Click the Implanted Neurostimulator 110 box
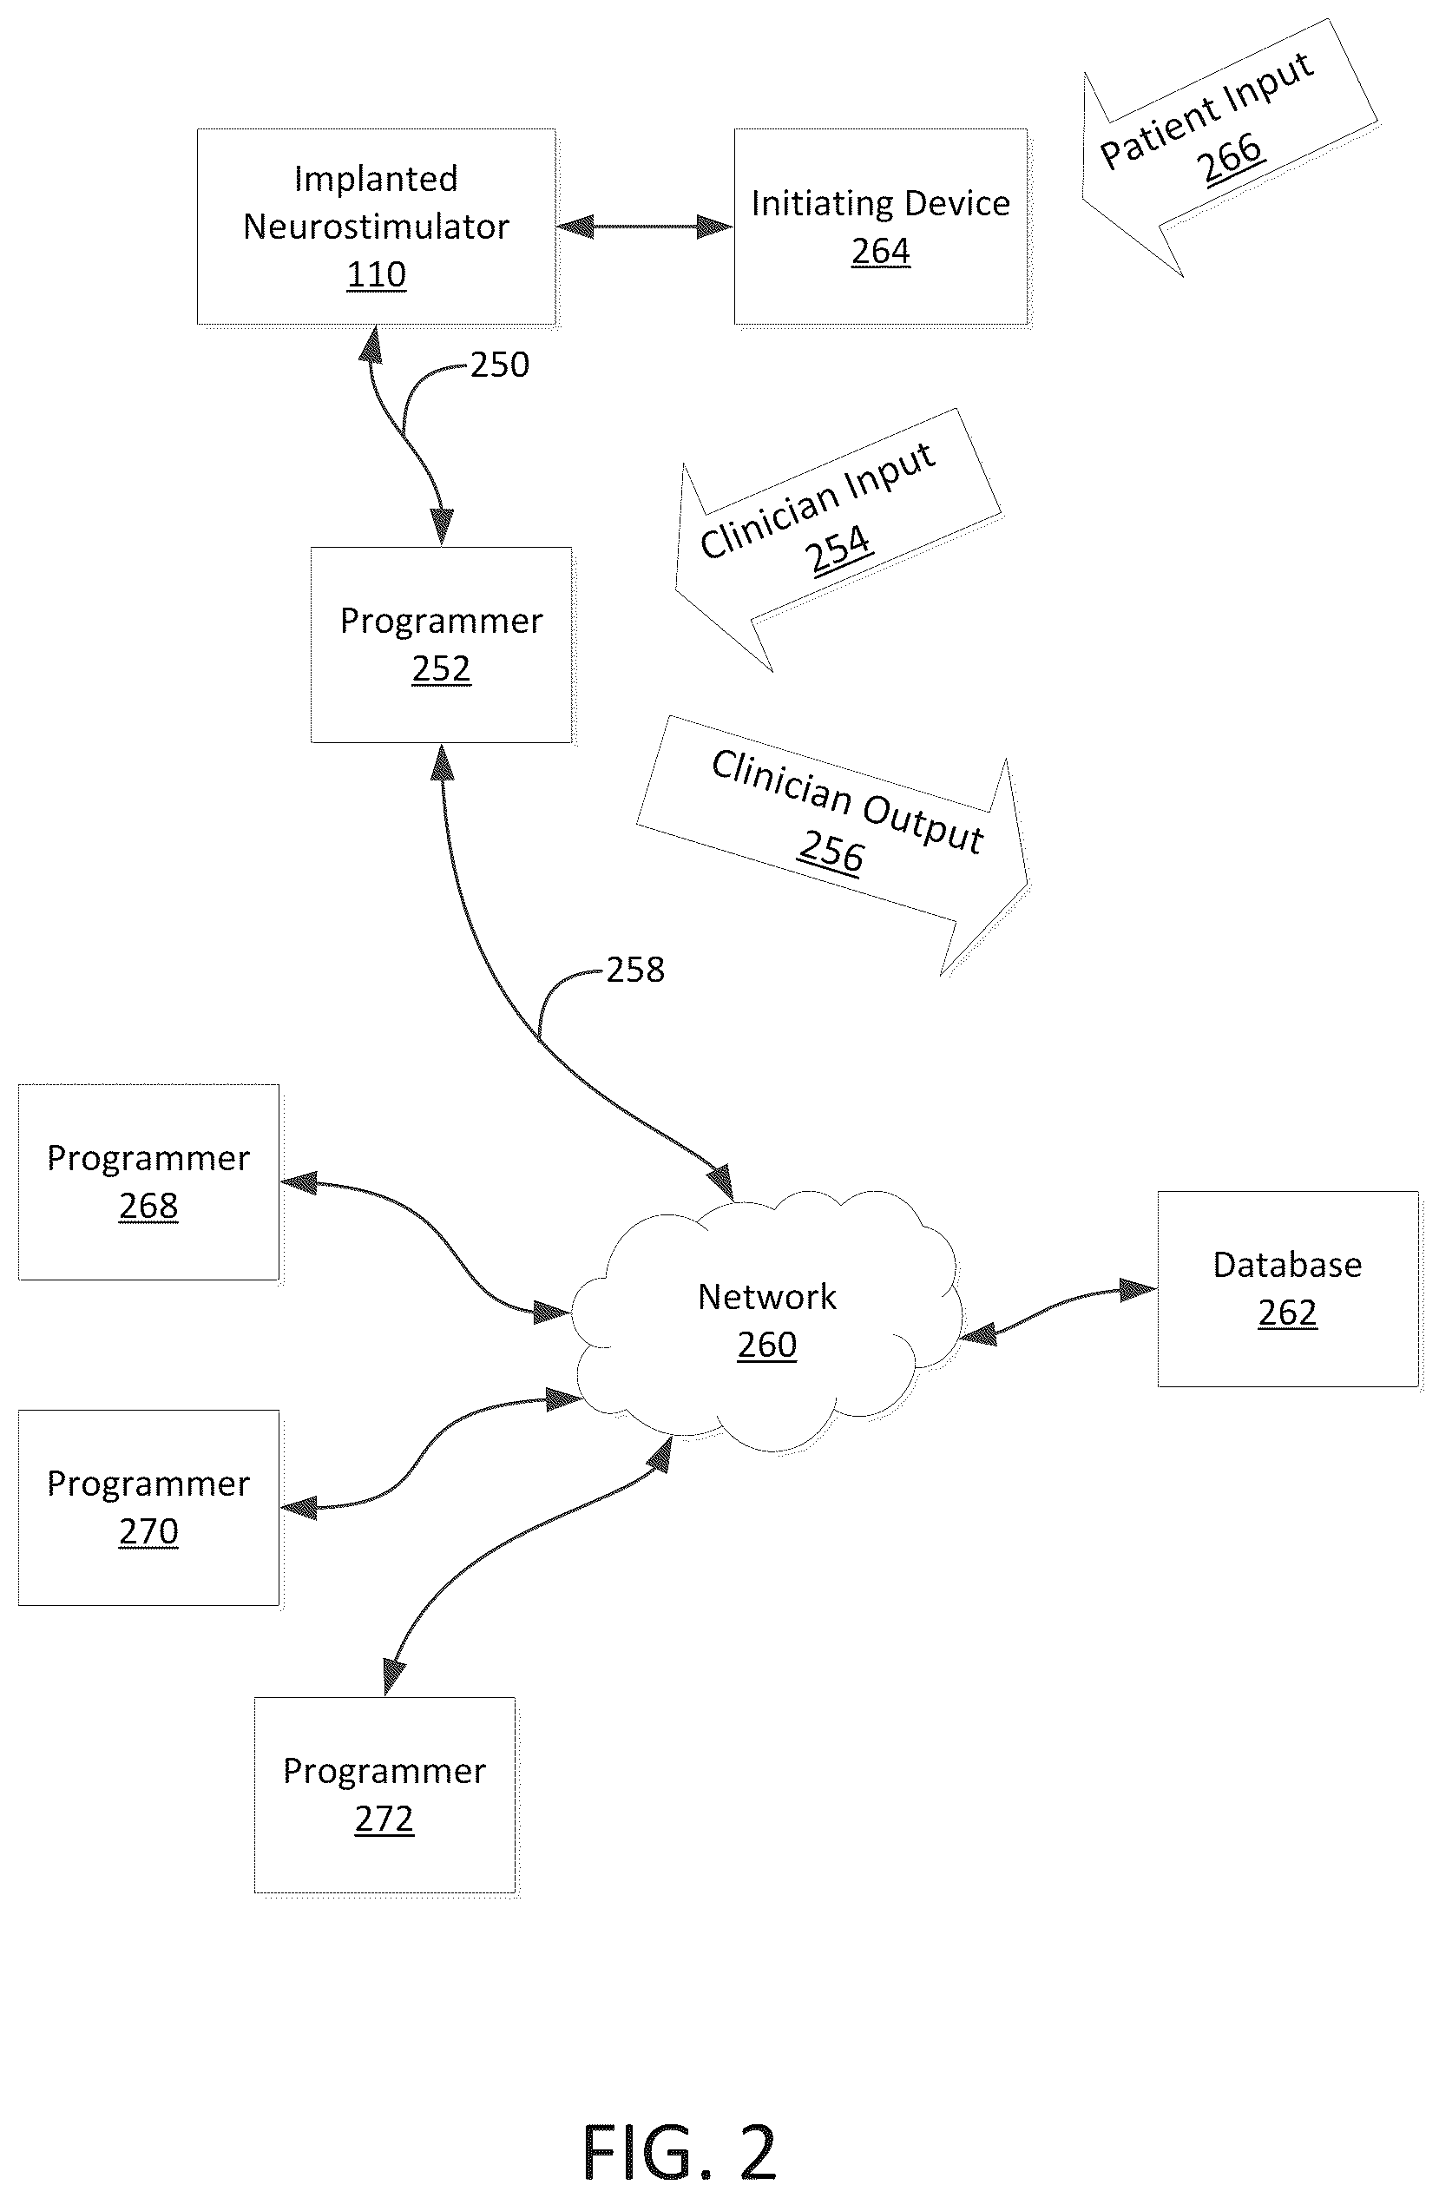point(376,227)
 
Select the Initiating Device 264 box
point(880,227)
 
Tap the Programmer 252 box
point(442,645)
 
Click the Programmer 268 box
point(148,1182)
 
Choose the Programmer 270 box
point(148,1507)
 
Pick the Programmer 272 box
point(384,1794)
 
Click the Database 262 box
point(1287,1289)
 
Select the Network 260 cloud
point(766,1320)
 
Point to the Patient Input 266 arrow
point(1229,148)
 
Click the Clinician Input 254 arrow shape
point(838,540)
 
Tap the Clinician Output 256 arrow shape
point(832,844)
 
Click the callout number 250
point(500,365)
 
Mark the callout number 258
point(635,970)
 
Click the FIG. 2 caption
point(680,2152)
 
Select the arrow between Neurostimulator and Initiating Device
point(645,227)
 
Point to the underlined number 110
point(376,275)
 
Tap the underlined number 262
point(1287,1313)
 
